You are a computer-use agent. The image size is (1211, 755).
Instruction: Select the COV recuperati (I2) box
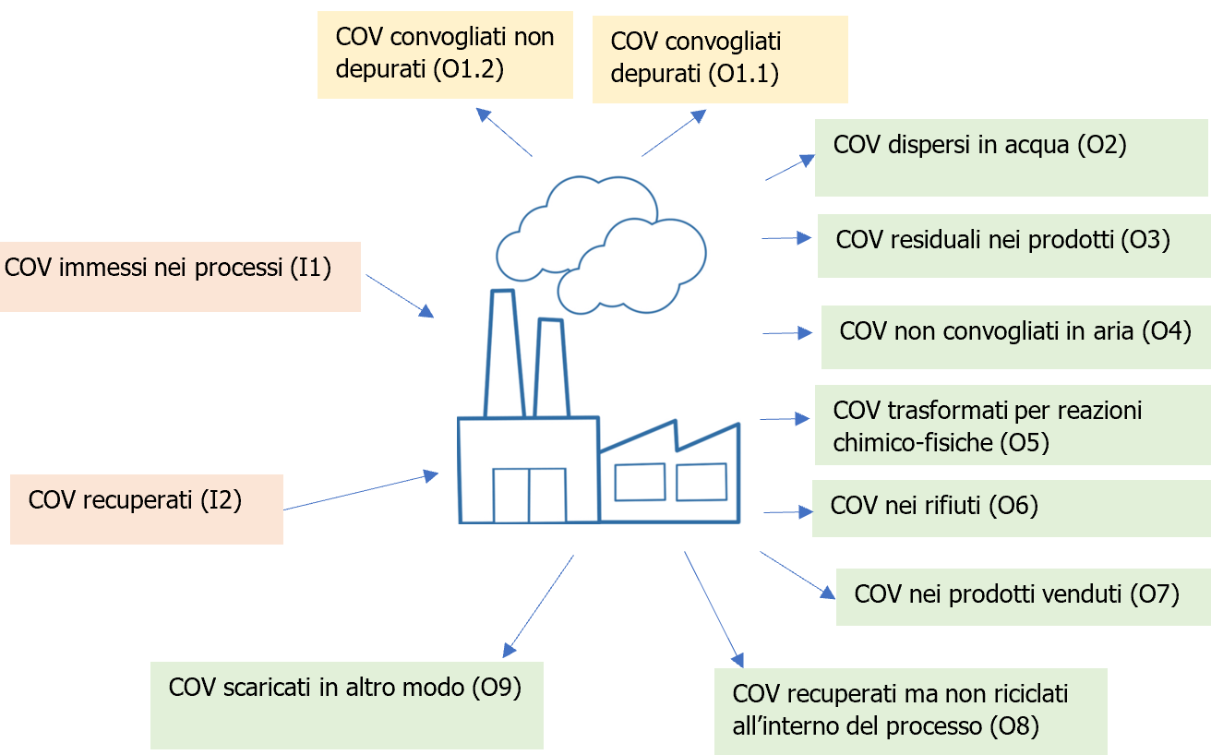146,509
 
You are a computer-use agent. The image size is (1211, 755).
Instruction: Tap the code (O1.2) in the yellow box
467,70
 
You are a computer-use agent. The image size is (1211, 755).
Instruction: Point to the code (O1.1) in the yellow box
742,73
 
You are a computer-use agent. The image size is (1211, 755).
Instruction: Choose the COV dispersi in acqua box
1010,157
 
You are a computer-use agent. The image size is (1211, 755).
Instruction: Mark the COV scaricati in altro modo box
346,704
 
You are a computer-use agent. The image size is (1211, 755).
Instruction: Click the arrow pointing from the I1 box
400,296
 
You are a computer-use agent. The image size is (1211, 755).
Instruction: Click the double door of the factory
529,496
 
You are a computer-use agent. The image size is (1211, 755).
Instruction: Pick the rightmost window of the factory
701,481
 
